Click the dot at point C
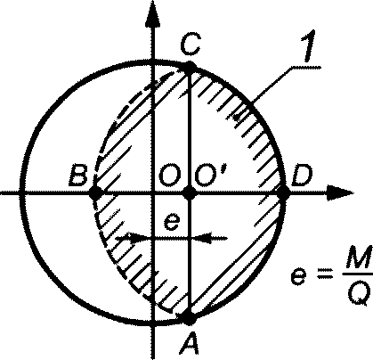coord(190,67)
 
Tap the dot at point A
coord(189,318)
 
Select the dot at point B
coord(95,193)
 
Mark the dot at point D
coord(283,193)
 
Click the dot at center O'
coord(190,193)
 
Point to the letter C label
coord(191,44)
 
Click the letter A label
coord(190,343)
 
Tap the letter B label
coord(78,175)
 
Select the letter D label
coord(302,176)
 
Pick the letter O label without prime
coord(170,176)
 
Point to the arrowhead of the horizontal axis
coord(340,193)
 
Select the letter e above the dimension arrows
coord(172,222)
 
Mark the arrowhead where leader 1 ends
coord(239,117)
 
